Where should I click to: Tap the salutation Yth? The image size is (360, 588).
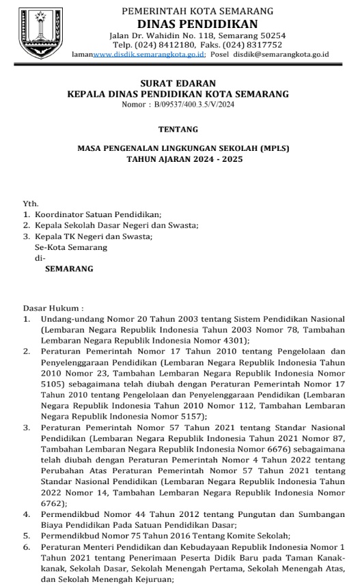coord(31,204)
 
